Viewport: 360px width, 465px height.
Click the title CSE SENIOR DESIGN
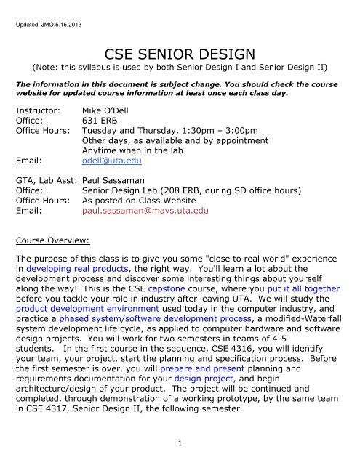(x=180, y=53)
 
